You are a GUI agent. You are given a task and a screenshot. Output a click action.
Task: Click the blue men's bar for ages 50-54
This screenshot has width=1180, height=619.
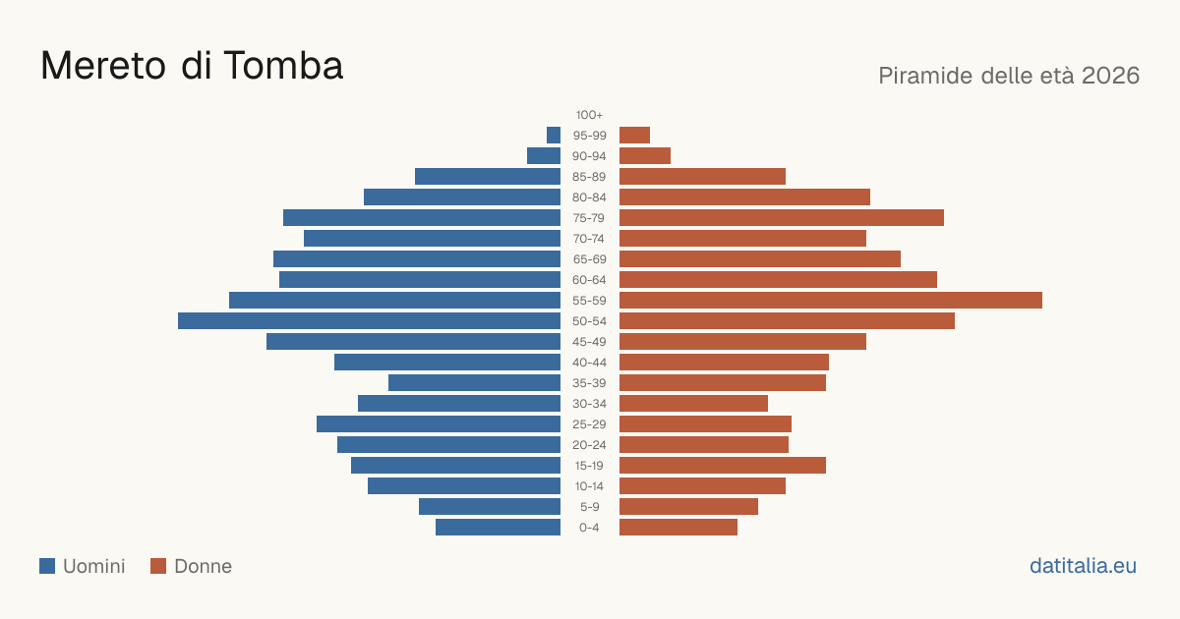tap(369, 321)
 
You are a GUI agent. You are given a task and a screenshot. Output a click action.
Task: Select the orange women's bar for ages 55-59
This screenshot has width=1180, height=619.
tap(831, 301)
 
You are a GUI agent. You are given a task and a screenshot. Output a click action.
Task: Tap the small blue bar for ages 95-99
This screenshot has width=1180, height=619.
tap(554, 136)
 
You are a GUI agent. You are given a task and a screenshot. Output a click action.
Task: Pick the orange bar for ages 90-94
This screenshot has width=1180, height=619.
tap(645, 156)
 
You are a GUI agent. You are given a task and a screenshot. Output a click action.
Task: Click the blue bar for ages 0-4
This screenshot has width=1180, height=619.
tap(498, 528)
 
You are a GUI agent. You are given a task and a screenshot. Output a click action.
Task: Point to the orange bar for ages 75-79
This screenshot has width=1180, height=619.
tap(782, 218)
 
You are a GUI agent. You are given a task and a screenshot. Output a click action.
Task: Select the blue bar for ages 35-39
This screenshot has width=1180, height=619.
tap(475, 383)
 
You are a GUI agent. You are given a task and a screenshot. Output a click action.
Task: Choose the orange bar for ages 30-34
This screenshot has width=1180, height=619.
tap(694, 404)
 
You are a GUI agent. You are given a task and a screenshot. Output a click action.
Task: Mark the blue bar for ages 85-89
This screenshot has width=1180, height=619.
tap(488, 176)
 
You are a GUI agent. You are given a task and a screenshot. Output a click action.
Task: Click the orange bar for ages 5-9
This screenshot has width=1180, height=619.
tap(688, 507)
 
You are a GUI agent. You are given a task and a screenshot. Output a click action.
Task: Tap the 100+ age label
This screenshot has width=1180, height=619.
tap(589, 115)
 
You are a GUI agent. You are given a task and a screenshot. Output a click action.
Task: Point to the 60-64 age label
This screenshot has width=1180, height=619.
tap(589, 280)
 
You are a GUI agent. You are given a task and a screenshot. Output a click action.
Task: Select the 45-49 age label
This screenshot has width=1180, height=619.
tap(589, 342)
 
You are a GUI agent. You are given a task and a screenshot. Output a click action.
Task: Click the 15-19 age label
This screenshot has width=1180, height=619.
tap(589, 466)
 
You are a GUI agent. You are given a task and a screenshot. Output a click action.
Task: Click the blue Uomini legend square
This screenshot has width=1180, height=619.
tap(47, 566)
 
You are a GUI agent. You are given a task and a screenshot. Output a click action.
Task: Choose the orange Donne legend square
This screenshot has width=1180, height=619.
tap(158, 566)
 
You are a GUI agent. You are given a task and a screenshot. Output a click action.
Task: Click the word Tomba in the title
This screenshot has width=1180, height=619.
tap(283, 66)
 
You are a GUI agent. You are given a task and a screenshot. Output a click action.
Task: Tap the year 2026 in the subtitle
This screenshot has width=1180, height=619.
tap(1110, 76)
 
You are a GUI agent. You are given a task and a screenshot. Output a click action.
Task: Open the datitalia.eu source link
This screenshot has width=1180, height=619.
tap(1083, 566)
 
